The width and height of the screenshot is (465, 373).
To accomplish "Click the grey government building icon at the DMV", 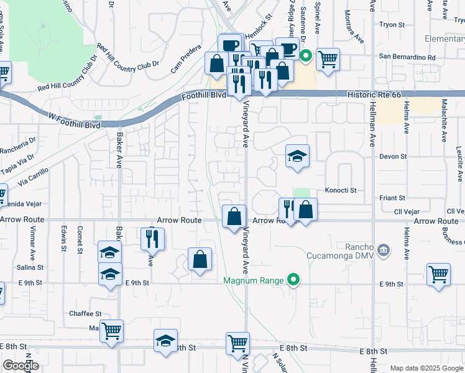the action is coord(384,250).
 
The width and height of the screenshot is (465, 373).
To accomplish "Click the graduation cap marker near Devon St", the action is coord(298,156).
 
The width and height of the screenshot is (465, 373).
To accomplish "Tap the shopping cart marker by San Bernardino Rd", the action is coord(328,60).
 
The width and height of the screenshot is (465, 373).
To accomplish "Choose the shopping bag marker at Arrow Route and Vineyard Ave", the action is coord(234,217).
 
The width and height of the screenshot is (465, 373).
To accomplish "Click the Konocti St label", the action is coord(340,190).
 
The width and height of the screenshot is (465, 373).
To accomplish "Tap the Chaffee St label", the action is coord(85,314).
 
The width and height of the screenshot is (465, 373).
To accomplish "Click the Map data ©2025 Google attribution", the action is coord(426,368).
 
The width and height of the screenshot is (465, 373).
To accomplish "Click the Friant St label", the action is coord(392,198).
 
